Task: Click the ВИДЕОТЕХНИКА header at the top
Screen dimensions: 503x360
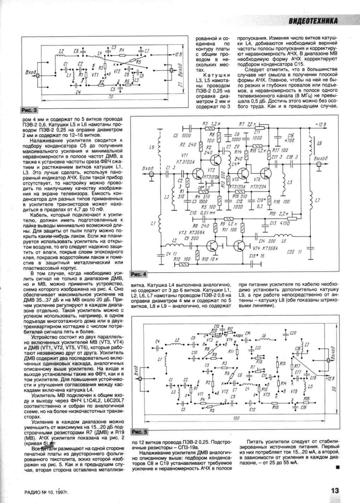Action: tap(313, 21)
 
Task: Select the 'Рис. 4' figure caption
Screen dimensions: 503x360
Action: tap(138, 274)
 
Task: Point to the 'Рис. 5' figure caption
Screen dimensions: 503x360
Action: tap(139, 432)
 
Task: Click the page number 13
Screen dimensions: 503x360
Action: tap(335, 491)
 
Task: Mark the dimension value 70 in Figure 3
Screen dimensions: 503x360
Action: tap(110, 97)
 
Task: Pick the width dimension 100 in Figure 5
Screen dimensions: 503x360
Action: tap(236, 418)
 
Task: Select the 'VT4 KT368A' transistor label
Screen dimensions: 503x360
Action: tap(266, 248)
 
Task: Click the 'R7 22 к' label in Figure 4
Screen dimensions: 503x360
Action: tap(247, 124)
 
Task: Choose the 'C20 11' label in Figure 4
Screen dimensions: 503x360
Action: tap(295, 252)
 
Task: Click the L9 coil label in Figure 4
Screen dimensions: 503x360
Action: tap(320, 143)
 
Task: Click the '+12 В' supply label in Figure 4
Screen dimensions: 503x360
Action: tap(321, 124)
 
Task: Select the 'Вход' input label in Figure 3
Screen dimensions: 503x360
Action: tap(31, 72)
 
